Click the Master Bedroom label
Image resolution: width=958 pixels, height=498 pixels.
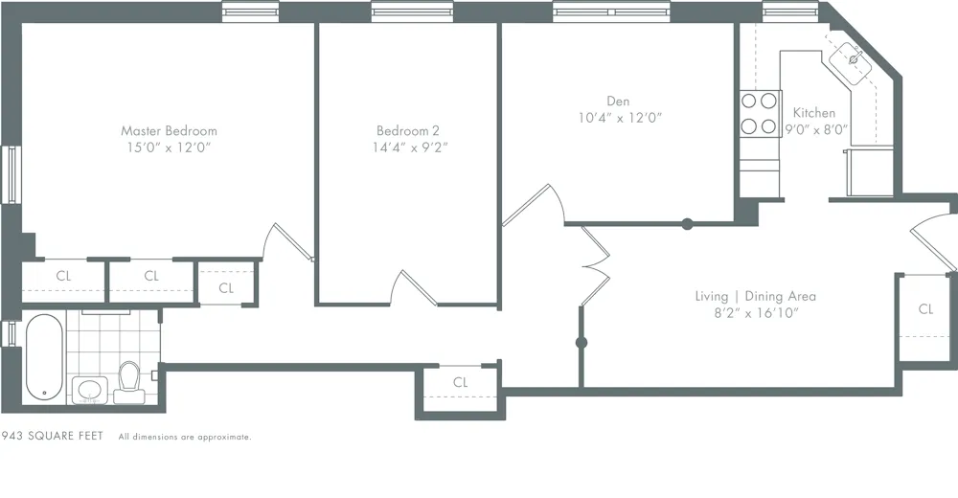(x=169, y=130)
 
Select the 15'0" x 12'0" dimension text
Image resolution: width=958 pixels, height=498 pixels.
(x=169, y=147)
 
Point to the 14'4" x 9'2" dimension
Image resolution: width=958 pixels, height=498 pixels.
(x=409, y=147)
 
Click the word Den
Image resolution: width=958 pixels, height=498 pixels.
(x=618, y=101)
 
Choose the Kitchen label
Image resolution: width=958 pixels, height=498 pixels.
(x=814, y=113)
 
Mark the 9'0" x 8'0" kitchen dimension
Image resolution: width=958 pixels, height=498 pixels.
(x=816, y=130)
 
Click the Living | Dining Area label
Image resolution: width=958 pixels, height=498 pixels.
(x=755, y=296)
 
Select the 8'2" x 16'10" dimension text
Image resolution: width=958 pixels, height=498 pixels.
(x=755, y=313)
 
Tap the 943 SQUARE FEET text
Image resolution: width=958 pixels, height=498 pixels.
(x=53, y=437)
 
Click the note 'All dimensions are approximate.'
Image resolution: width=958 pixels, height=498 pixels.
(x=185, y=438)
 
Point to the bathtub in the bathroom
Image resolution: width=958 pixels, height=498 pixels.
(x=43, y=358)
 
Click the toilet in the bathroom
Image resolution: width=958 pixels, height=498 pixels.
(x=128, y=381)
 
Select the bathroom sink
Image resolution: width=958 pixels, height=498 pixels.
(x=90, y=390)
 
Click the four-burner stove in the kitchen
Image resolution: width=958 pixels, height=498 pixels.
(x=759, y=112)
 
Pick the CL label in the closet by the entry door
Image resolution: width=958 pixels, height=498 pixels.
(x=925, y=309)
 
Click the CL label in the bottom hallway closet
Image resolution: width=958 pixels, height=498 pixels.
(x=461, y=382)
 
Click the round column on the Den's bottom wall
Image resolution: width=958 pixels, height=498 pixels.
(x=687, y=225)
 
